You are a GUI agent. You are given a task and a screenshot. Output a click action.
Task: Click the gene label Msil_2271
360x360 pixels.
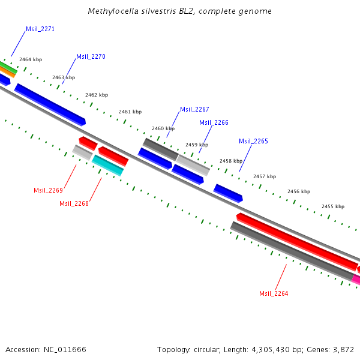(40, 29)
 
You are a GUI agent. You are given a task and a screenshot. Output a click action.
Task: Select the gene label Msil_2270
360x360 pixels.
(91, 56)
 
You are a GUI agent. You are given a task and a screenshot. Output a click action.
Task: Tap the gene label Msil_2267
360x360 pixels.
(194, 109)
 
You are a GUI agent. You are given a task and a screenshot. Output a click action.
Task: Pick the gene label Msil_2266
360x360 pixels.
(214, 122)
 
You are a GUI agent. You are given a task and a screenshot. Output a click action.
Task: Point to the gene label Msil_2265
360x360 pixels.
(253, 141)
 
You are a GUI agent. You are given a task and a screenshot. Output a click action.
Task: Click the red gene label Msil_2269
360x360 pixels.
(48, 190)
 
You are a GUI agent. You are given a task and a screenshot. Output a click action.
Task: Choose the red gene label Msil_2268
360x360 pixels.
(74, 203)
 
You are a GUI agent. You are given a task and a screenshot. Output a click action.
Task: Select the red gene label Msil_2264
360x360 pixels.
(274, 293)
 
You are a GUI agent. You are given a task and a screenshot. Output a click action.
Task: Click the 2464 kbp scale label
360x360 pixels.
(31, 59)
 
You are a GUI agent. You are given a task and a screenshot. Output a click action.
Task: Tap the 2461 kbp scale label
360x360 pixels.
(130, 112)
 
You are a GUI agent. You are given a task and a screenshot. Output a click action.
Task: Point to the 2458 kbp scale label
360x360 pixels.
(231, 161)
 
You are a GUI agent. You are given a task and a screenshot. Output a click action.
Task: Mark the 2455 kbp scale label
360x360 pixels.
(332, 206)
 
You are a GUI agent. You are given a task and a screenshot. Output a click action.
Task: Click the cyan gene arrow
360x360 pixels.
(108, 165)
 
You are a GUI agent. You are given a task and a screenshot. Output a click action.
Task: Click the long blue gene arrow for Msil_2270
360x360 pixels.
(50, 104)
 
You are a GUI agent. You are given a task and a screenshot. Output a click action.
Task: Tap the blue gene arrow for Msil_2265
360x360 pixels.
(228, 193)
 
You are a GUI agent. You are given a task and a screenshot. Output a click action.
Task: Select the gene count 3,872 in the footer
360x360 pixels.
(343, 349)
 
